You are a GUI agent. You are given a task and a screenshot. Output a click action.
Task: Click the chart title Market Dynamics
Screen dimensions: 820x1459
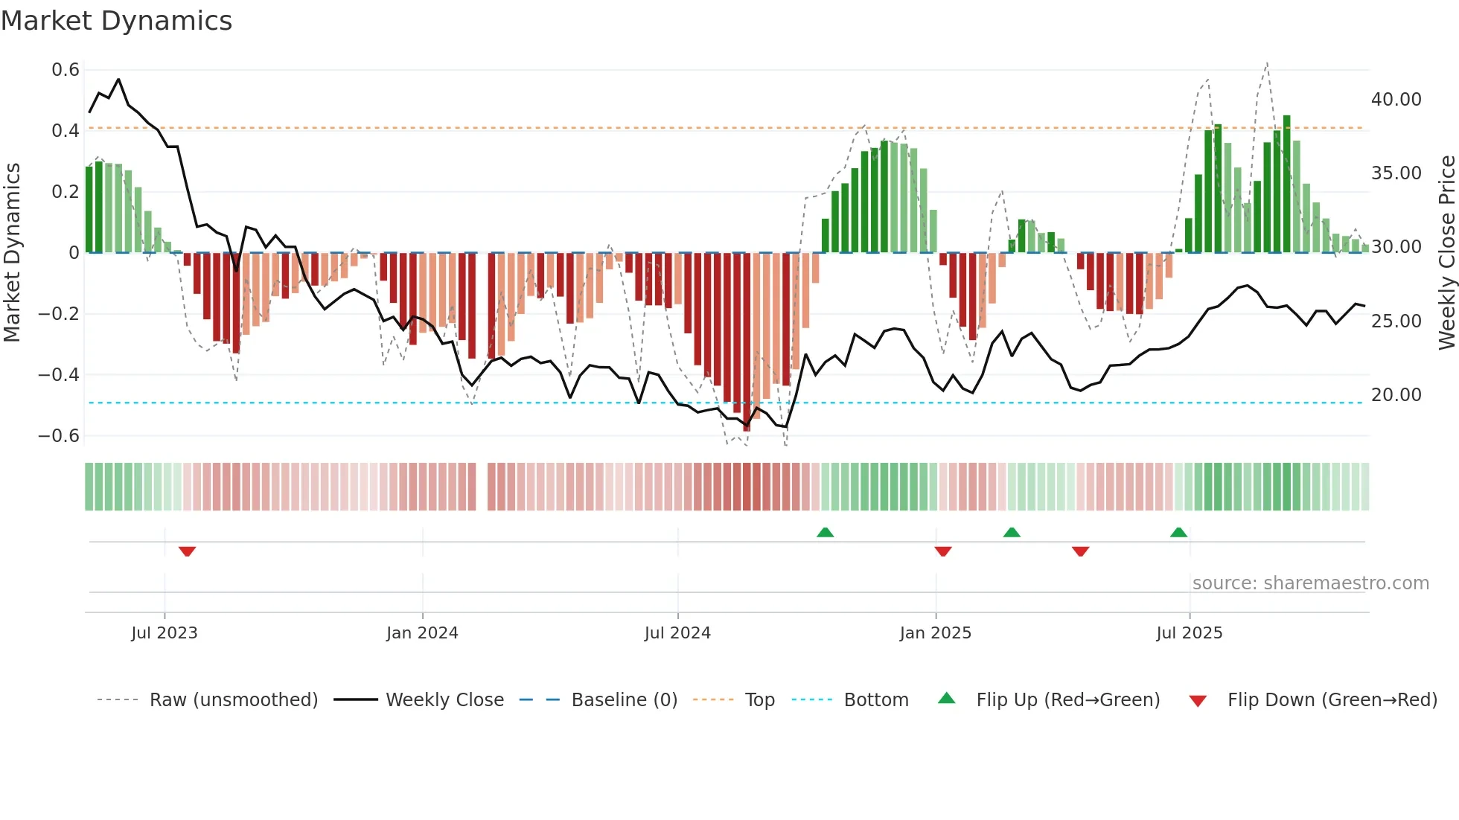click(116, 21)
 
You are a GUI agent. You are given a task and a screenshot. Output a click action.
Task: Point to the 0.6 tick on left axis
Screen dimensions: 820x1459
click(66, 70)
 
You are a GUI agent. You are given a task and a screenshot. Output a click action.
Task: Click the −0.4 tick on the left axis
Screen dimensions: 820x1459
click(59, 375)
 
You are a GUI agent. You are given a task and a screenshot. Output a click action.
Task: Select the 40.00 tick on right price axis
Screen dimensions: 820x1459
click(1396, 100)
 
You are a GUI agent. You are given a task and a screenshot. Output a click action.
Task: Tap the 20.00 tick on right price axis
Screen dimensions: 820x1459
click(1396, 395)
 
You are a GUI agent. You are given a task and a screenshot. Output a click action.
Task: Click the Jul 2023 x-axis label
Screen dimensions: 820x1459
click(165, 633)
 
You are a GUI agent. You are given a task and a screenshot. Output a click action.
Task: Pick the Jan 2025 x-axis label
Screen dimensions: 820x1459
click(935, 633)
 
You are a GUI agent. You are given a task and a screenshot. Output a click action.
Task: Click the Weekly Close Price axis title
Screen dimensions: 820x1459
click(1446, 253)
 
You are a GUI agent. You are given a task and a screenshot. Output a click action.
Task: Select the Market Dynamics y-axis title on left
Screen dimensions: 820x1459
click(12, 253)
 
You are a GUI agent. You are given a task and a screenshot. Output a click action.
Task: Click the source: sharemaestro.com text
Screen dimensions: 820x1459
click(1310, 583)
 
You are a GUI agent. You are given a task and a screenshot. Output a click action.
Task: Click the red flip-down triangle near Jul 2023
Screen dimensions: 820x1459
click(187, 551)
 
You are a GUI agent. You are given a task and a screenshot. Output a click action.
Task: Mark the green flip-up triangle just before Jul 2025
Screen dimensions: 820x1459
click(1178, 532)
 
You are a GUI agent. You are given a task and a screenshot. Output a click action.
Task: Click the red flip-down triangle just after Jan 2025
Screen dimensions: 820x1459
click(943, 551)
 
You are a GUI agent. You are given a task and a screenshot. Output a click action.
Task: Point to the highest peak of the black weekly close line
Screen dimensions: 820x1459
click(119, 80)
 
